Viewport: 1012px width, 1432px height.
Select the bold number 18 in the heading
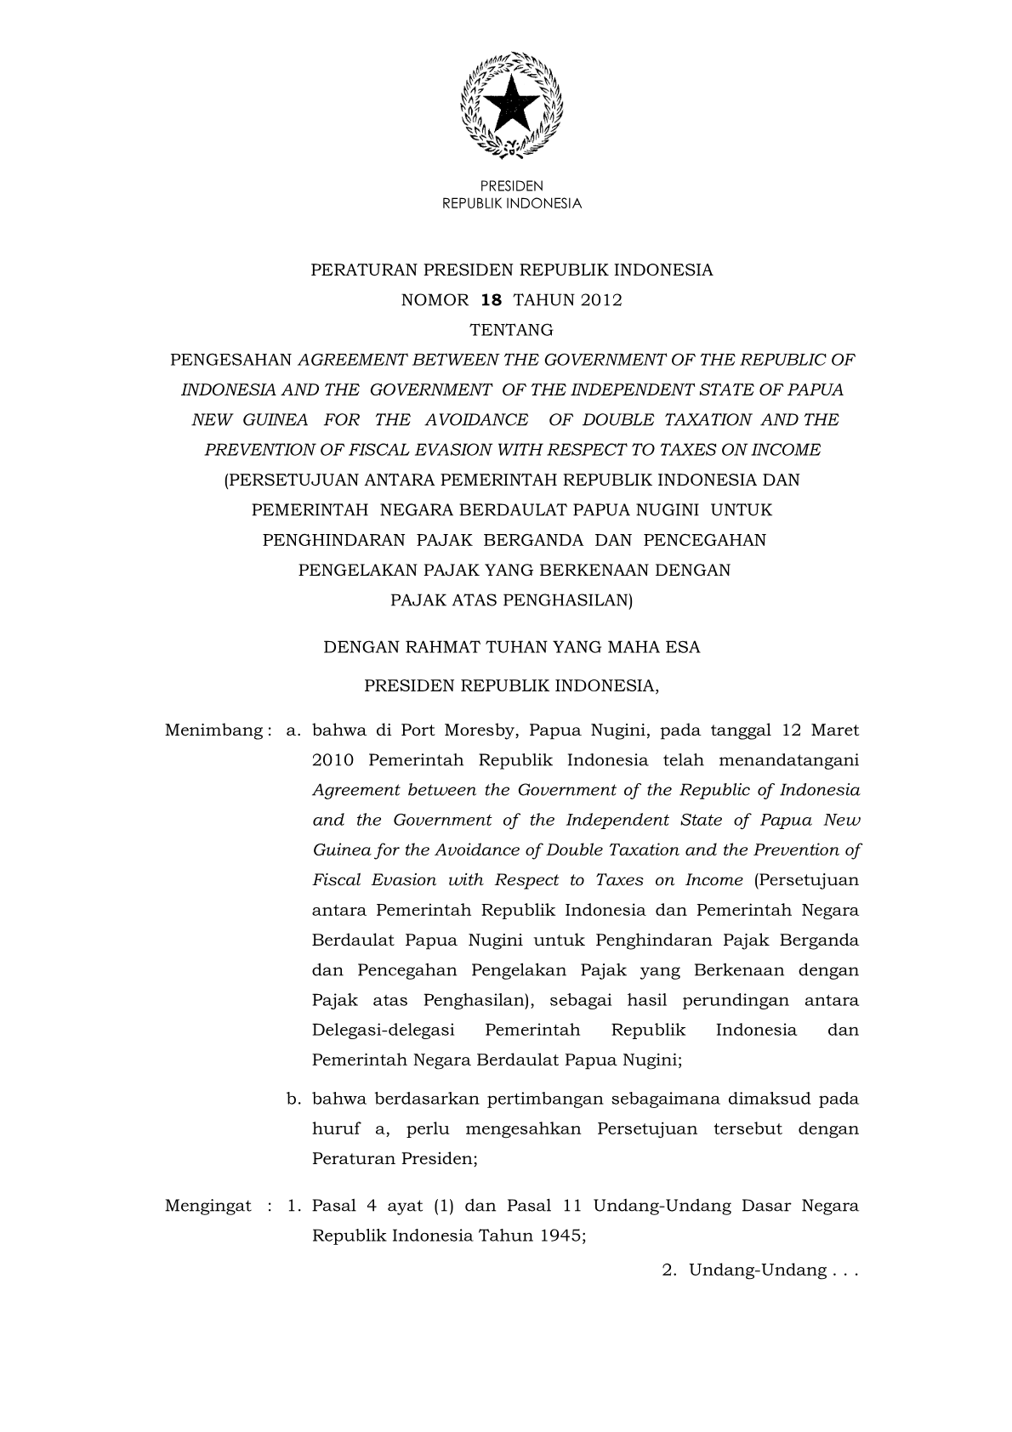(x=492, y=300)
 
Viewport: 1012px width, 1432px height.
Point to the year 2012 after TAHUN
(x=601, y=300)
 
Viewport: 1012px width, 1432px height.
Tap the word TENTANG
(x=511, y=330)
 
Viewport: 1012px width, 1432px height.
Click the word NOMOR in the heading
(x=435, y=300)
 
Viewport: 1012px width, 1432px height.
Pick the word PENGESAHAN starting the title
(x=230, y=360)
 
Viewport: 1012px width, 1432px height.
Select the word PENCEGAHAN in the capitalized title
(x=704, y=540)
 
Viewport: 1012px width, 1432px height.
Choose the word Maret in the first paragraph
(x=834, y=730)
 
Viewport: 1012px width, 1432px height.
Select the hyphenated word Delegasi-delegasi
(x=383, y=1031)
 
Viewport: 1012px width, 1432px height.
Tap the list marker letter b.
(x=293, y=1099)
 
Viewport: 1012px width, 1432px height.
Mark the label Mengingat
(x=208, y=1206)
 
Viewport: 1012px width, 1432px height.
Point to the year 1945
(x=561, y=1236)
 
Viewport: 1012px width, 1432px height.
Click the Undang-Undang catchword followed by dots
(x=757, y=1270)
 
